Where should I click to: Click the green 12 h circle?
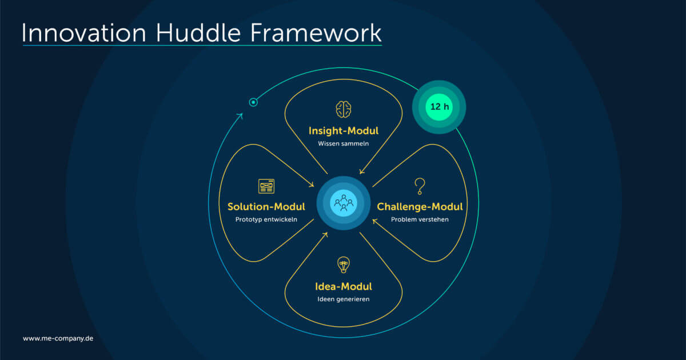pyautogui.click(x=439, y=107)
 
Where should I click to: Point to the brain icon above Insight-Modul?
pyautogui.click(x=343, y=109)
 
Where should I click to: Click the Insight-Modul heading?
pyautogui.click(x=343, y=131)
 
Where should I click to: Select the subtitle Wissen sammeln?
pyautogui.click(x=343, y=143)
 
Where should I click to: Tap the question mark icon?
pyautogui.click(x=420, y=186)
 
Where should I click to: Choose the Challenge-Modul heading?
pyautogui.click(x=420, y=206)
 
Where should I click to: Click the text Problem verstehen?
pyautogui.click(x=420, y=219)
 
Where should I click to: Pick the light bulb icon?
pyautogui.click(x=343, y=265)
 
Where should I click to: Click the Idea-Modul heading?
pyautogui.click(x=343, y=286)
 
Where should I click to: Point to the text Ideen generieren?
pyautogui.click(x=343, y=299)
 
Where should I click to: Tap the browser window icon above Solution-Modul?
pyautogui.click(x=266, y=186)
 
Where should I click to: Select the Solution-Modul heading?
pyautogui.click(x=266, y=206)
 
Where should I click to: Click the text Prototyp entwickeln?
pyautogui.click(x=266, y=219)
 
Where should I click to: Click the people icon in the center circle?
pyautogui.click(x=343, y=202)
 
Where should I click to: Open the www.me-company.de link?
pyautogui.click(x=58, y=338)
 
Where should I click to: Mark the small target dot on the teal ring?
pyautogui.click(x=253, y=102)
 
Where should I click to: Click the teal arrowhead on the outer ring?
pyautogui.click(x=240, y=116)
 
